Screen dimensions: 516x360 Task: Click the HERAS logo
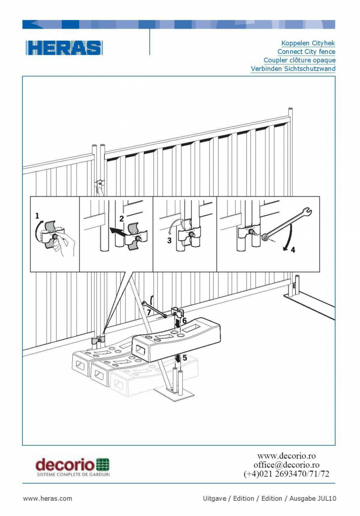coord(64,48)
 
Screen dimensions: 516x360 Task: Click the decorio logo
coord(72,467)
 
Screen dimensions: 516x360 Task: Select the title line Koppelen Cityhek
coord(308,43)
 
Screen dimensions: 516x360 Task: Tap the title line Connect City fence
coord(306,52)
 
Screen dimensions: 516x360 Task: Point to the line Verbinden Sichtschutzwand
coord(293,69)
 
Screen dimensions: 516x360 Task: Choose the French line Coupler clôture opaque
coord(299,60)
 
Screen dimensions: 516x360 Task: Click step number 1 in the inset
coord(37,216)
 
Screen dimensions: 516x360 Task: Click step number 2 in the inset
coord(122,219)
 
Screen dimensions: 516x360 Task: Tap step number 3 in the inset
coord(169,240)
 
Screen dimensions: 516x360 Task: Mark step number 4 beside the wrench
coord(293,250)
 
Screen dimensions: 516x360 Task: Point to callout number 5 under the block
coord(185,358)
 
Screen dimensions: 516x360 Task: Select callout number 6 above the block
coord(184,321)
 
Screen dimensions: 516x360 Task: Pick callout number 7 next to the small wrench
coord(149,312)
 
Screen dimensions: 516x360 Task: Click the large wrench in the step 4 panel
coord(288,225)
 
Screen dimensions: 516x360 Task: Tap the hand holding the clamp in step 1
coord(65,244)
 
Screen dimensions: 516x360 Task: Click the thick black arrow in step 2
coord(117,232)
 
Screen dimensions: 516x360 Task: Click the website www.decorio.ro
coord(286,456)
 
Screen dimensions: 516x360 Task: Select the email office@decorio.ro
coord(286,465)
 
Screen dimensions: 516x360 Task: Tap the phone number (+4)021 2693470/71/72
coord(286,474)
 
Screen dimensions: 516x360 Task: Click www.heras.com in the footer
coord(47,498)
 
